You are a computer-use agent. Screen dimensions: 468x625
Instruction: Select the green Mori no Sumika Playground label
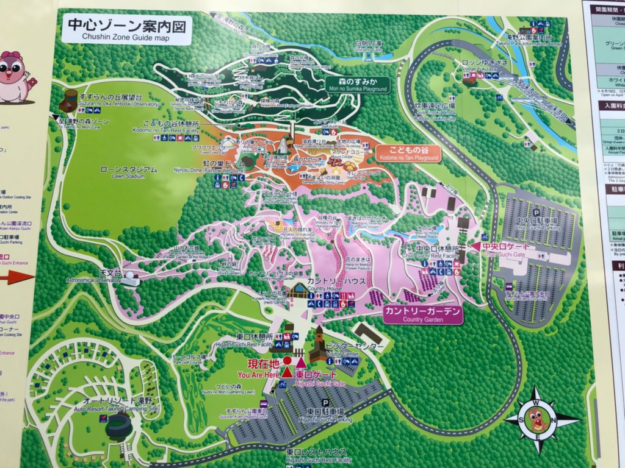[357, 85]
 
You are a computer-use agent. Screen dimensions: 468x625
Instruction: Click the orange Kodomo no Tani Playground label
[407, 154]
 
